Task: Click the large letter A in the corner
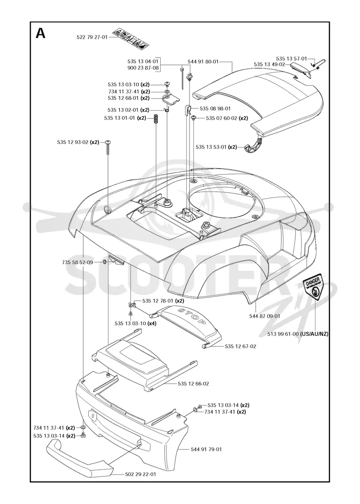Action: (40, 33)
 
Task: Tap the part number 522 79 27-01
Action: (92, 37)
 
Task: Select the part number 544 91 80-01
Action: (203, 61)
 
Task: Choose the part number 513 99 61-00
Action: (283, 334)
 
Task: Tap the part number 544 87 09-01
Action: (265, 316)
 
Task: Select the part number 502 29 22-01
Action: (140, 474)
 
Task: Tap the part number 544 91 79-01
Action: (206, 449)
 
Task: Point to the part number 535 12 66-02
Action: (193, 383)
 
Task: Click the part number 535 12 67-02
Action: (241, 346)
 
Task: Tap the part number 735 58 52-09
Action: (77, 262)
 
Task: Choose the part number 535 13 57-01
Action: (292, 58)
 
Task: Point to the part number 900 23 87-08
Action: (143, 67)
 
